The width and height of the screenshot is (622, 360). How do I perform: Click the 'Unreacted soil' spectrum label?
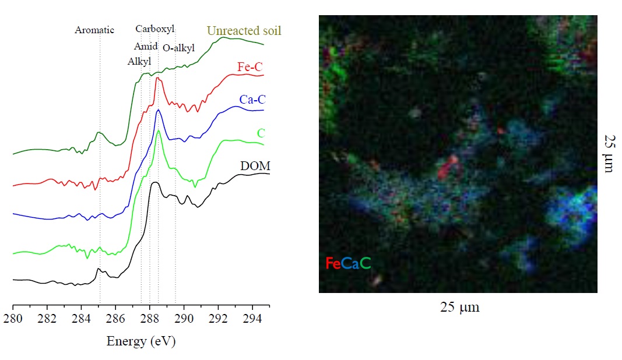click(244, 30)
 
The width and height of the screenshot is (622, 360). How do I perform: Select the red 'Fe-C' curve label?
click(251, 66)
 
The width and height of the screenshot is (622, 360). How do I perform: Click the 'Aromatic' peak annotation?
click(94, 30)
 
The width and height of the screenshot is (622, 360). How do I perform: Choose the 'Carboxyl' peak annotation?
click(154, 29)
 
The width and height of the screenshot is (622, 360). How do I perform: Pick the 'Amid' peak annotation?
click(145, 46)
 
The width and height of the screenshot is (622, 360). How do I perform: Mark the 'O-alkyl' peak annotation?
click(178, 48)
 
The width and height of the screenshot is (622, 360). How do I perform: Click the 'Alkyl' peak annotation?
click(139, 61)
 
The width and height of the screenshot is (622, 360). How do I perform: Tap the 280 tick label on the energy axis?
click(13, 319)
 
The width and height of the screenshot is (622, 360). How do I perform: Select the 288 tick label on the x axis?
click(150, 319)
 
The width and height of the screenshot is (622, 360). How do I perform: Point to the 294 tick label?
click(252, 319)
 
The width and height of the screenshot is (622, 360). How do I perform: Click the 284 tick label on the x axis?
click(81, 319)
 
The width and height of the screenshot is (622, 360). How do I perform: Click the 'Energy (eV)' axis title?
click(140, 341)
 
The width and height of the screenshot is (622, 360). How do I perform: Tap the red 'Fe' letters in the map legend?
click(333, 263)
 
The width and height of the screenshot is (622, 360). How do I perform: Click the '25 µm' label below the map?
click(460, 306)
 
